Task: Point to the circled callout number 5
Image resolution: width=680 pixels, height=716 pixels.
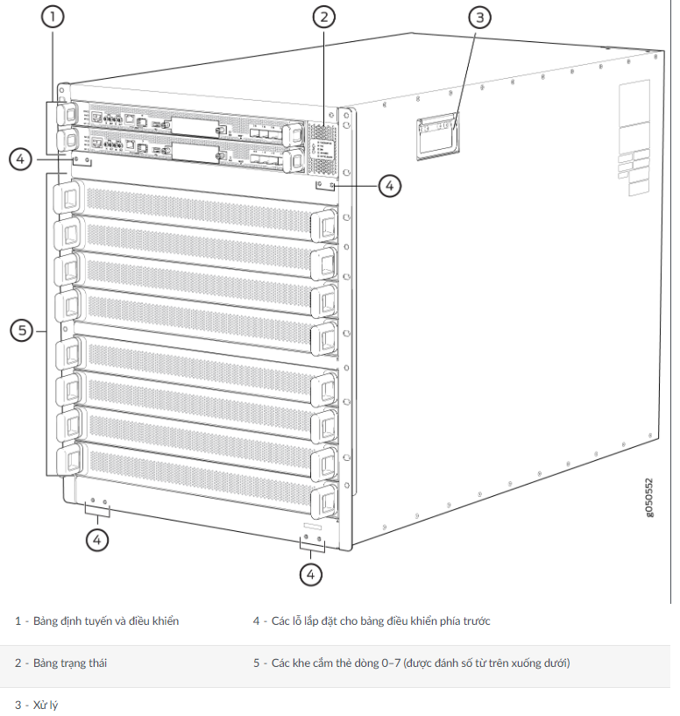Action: point(23,330)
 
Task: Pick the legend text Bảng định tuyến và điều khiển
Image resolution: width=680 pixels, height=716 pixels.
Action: point(105,621)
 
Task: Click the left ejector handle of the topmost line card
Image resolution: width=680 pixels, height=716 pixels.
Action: point(68,195)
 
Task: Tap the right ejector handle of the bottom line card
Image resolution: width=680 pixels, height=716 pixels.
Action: point(324,500)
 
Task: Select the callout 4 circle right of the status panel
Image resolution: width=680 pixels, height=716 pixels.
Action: point(389,185)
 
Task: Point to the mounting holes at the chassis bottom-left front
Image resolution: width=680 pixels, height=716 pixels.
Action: point(98,506)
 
